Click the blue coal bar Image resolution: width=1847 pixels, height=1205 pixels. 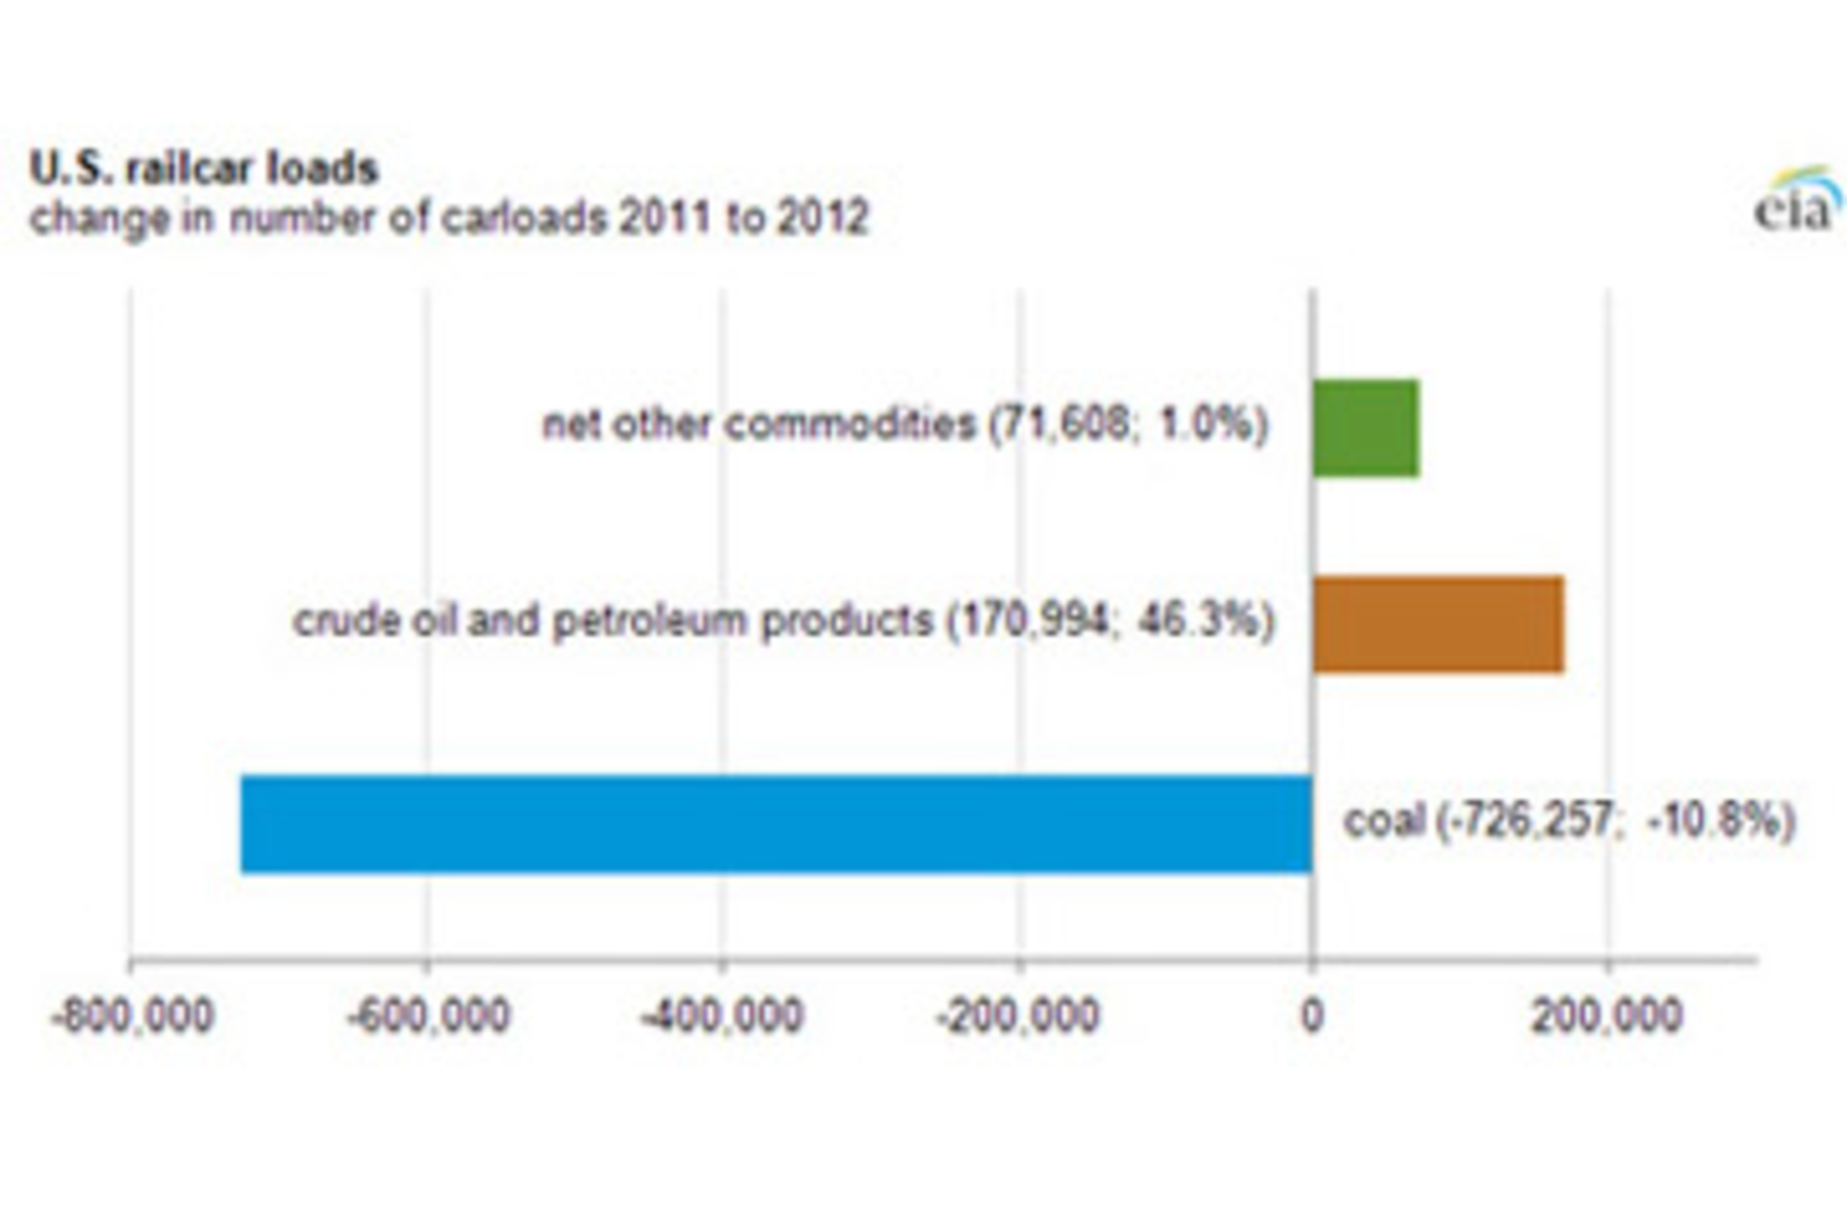click(x=775, y=824)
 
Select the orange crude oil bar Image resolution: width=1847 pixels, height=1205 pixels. click(x=1438, y=624)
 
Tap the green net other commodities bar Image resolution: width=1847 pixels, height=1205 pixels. click(x=1366, y=428)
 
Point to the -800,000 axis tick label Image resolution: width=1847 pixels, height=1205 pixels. click(x=132, y=1017)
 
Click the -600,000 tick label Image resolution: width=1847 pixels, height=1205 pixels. click(x=428, y=1017)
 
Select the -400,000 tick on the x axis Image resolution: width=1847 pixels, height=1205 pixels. click(x=722, y=1017)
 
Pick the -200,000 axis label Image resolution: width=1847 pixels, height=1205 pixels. click(x=1018, y=1017)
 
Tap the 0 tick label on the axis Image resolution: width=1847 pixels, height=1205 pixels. click(x=1311, y=1017)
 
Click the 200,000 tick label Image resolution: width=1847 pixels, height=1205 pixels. click(x=1607, y=1017)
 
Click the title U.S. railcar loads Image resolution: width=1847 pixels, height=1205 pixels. click(x=204, y=168)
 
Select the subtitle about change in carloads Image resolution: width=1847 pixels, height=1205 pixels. click(x=448, y=218)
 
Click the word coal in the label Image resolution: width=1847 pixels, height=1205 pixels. click(x=1383, y=820)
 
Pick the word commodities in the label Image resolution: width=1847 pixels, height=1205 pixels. click(x=850, y=423)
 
